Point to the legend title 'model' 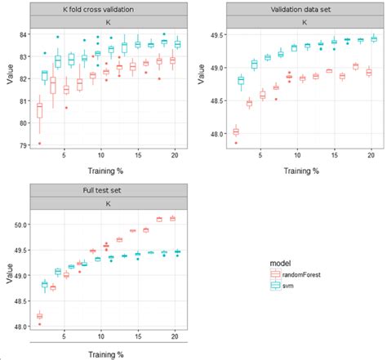280,263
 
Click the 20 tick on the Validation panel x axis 371,155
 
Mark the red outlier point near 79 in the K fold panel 39,144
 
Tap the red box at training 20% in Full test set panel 172,219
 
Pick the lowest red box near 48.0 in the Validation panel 237,131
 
